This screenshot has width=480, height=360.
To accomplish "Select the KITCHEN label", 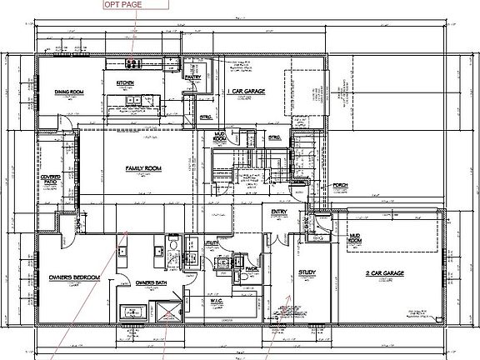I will coord(125,83).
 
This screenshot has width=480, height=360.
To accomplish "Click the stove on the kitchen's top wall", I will coord(132,64).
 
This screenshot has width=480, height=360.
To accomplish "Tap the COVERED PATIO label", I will coord(49,181).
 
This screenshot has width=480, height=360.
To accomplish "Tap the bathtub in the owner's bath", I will coord(133,312).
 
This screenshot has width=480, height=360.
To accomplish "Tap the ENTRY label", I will coord(279,212).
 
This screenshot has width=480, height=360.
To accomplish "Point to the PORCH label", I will coord(340,185).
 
